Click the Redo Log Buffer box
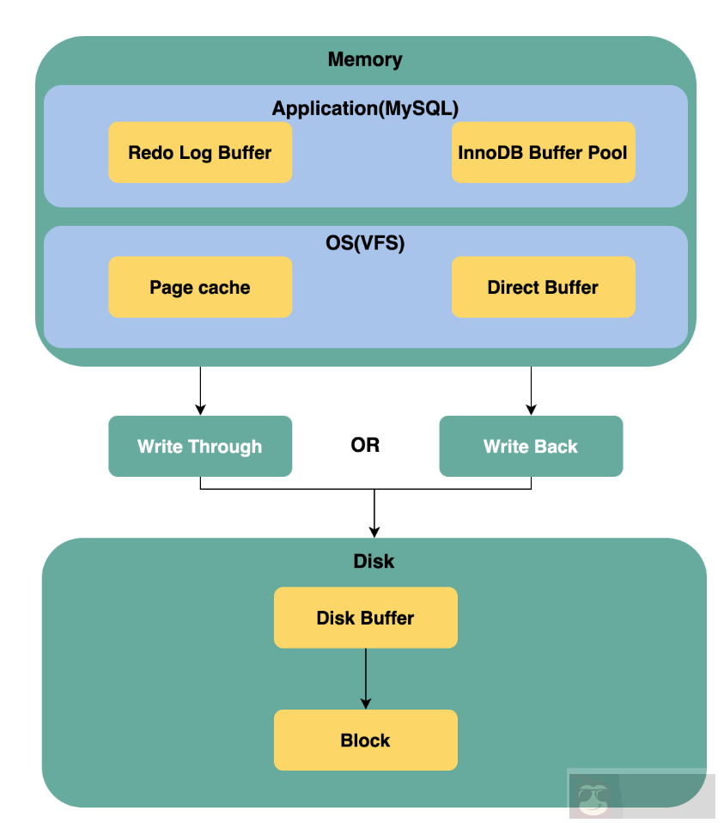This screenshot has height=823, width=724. pos(200,153)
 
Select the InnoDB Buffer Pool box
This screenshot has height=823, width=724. pos(543,153)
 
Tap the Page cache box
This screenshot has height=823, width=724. pos(200,287)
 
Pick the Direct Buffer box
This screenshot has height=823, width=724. pos(543,287)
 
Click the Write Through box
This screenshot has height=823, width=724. pos(200,446)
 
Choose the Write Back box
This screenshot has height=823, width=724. pos(531,446)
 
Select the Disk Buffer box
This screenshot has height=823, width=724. pos(365,618)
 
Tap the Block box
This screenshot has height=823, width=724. pos(365,740)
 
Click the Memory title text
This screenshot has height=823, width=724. pos(365,59)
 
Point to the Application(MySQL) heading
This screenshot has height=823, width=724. pos(365,108)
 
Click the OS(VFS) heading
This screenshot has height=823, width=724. pos(365,243)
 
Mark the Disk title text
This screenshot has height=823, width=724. pos(374,561)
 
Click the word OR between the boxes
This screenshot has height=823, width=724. pos(365,446)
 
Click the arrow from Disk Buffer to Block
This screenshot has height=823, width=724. pos(365,679)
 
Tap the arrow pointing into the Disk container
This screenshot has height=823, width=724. pos(374,515)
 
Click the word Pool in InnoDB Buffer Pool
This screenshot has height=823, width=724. pos(608,153)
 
